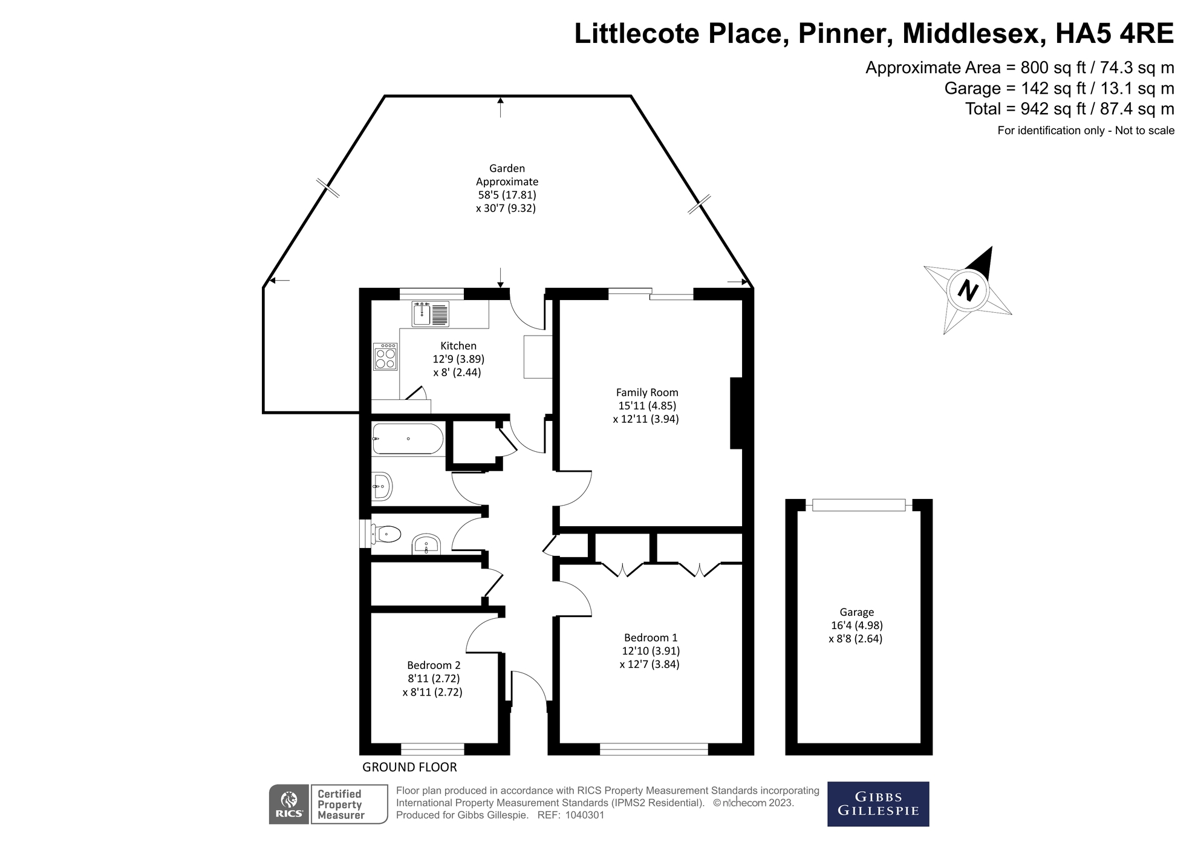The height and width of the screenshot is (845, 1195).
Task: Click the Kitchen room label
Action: click(x=458, y=346)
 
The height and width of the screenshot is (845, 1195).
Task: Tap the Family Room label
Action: click(x=646, y=393)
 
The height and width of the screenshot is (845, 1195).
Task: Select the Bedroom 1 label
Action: click(x=651, y=638)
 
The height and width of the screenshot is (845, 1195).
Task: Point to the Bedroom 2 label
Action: click(x=434, y=665)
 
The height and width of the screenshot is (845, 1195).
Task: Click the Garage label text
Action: click(x=856, y=612)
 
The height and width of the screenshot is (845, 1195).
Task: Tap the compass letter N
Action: click(x=968, y=290)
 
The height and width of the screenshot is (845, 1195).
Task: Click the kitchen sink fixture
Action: click(x=431, y=314)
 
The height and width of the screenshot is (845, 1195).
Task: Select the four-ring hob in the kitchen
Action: click(x=385, y=356)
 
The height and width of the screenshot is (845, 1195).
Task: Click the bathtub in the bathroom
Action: click(x=408, y=439)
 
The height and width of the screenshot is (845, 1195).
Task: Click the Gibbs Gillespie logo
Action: click(x=878, y=804)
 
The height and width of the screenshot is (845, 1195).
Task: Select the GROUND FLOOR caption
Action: click(x=409, y=767)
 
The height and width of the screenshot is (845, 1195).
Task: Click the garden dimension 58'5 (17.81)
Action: click(x=507, y=195)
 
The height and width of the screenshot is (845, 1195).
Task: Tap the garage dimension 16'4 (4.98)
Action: click(x=856, y=625)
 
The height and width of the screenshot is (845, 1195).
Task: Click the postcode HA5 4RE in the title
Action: click(x=1114, y=33)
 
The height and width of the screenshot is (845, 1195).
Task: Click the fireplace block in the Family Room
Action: click(x=736, y=413)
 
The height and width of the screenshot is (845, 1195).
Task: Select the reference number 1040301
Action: click(x=584, y=815)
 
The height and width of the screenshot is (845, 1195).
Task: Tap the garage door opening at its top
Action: click(x=859, y=504)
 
